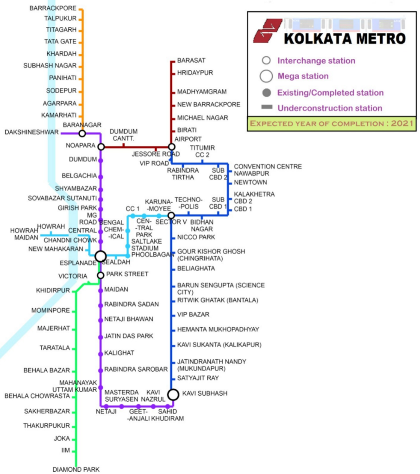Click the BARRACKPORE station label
[x=52, y=8]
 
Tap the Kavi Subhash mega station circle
[x=173, y=394]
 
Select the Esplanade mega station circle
[x=100, y=256]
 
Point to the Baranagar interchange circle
[x=82, y=133]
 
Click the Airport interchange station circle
[x=171, y=147]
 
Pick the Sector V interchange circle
[x=171, y=216]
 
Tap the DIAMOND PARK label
[x=76, y=469]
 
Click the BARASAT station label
[x=191, y=61]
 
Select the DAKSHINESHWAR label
[x=31, y=133]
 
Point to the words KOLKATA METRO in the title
[x=345, y=38]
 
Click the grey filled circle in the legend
[x=266, y=93]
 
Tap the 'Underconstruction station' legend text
[x=330, y=108]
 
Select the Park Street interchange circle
[x=100, y=275]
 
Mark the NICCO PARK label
[x=196, y=237]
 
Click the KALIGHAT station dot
[x=100, y=353]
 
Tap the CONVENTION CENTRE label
[x=268, y=167]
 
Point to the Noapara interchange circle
[x=101, y=147]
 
